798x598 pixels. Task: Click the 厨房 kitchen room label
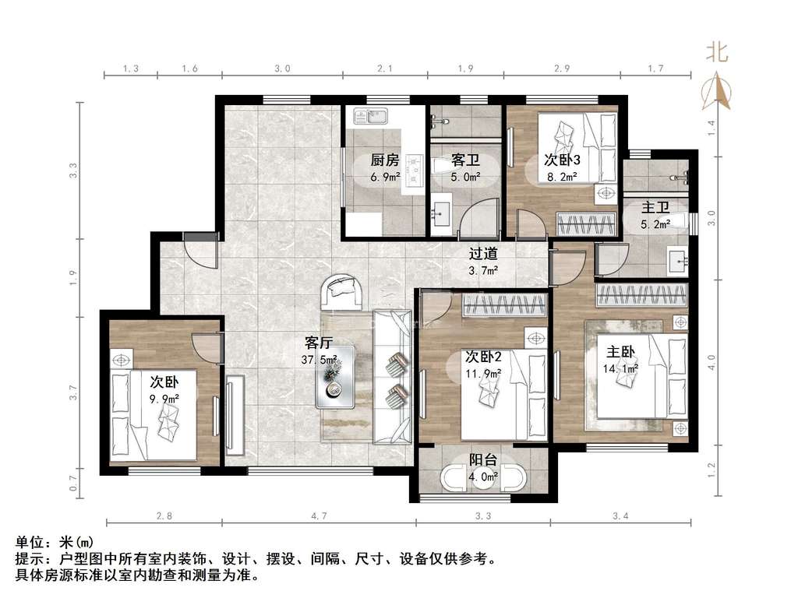click(385, 160)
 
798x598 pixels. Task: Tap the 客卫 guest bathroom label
click(465, 160)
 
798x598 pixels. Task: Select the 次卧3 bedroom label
click(562, 160)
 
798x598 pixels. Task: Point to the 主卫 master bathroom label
click(655, 207)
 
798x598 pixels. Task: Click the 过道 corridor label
click(483, 253)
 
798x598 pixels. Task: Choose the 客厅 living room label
click(319, 343)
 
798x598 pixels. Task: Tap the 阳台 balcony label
click(483, 460)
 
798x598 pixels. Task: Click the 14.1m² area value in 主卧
click(620, 368)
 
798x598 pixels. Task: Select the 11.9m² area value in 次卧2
click(483, 374)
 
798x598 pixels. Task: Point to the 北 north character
click(717, 52)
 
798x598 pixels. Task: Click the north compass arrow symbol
click(717, 92)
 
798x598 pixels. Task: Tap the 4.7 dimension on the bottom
click(319, 516)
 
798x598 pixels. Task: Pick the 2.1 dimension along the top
click(385, 69)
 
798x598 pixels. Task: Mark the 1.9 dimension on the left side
click(73, 276)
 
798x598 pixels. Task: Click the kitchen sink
click(371, 117)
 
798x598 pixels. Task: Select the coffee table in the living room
click(335, 377)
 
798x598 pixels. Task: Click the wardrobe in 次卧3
click(586, 223)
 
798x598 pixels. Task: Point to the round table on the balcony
click(483, 478)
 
